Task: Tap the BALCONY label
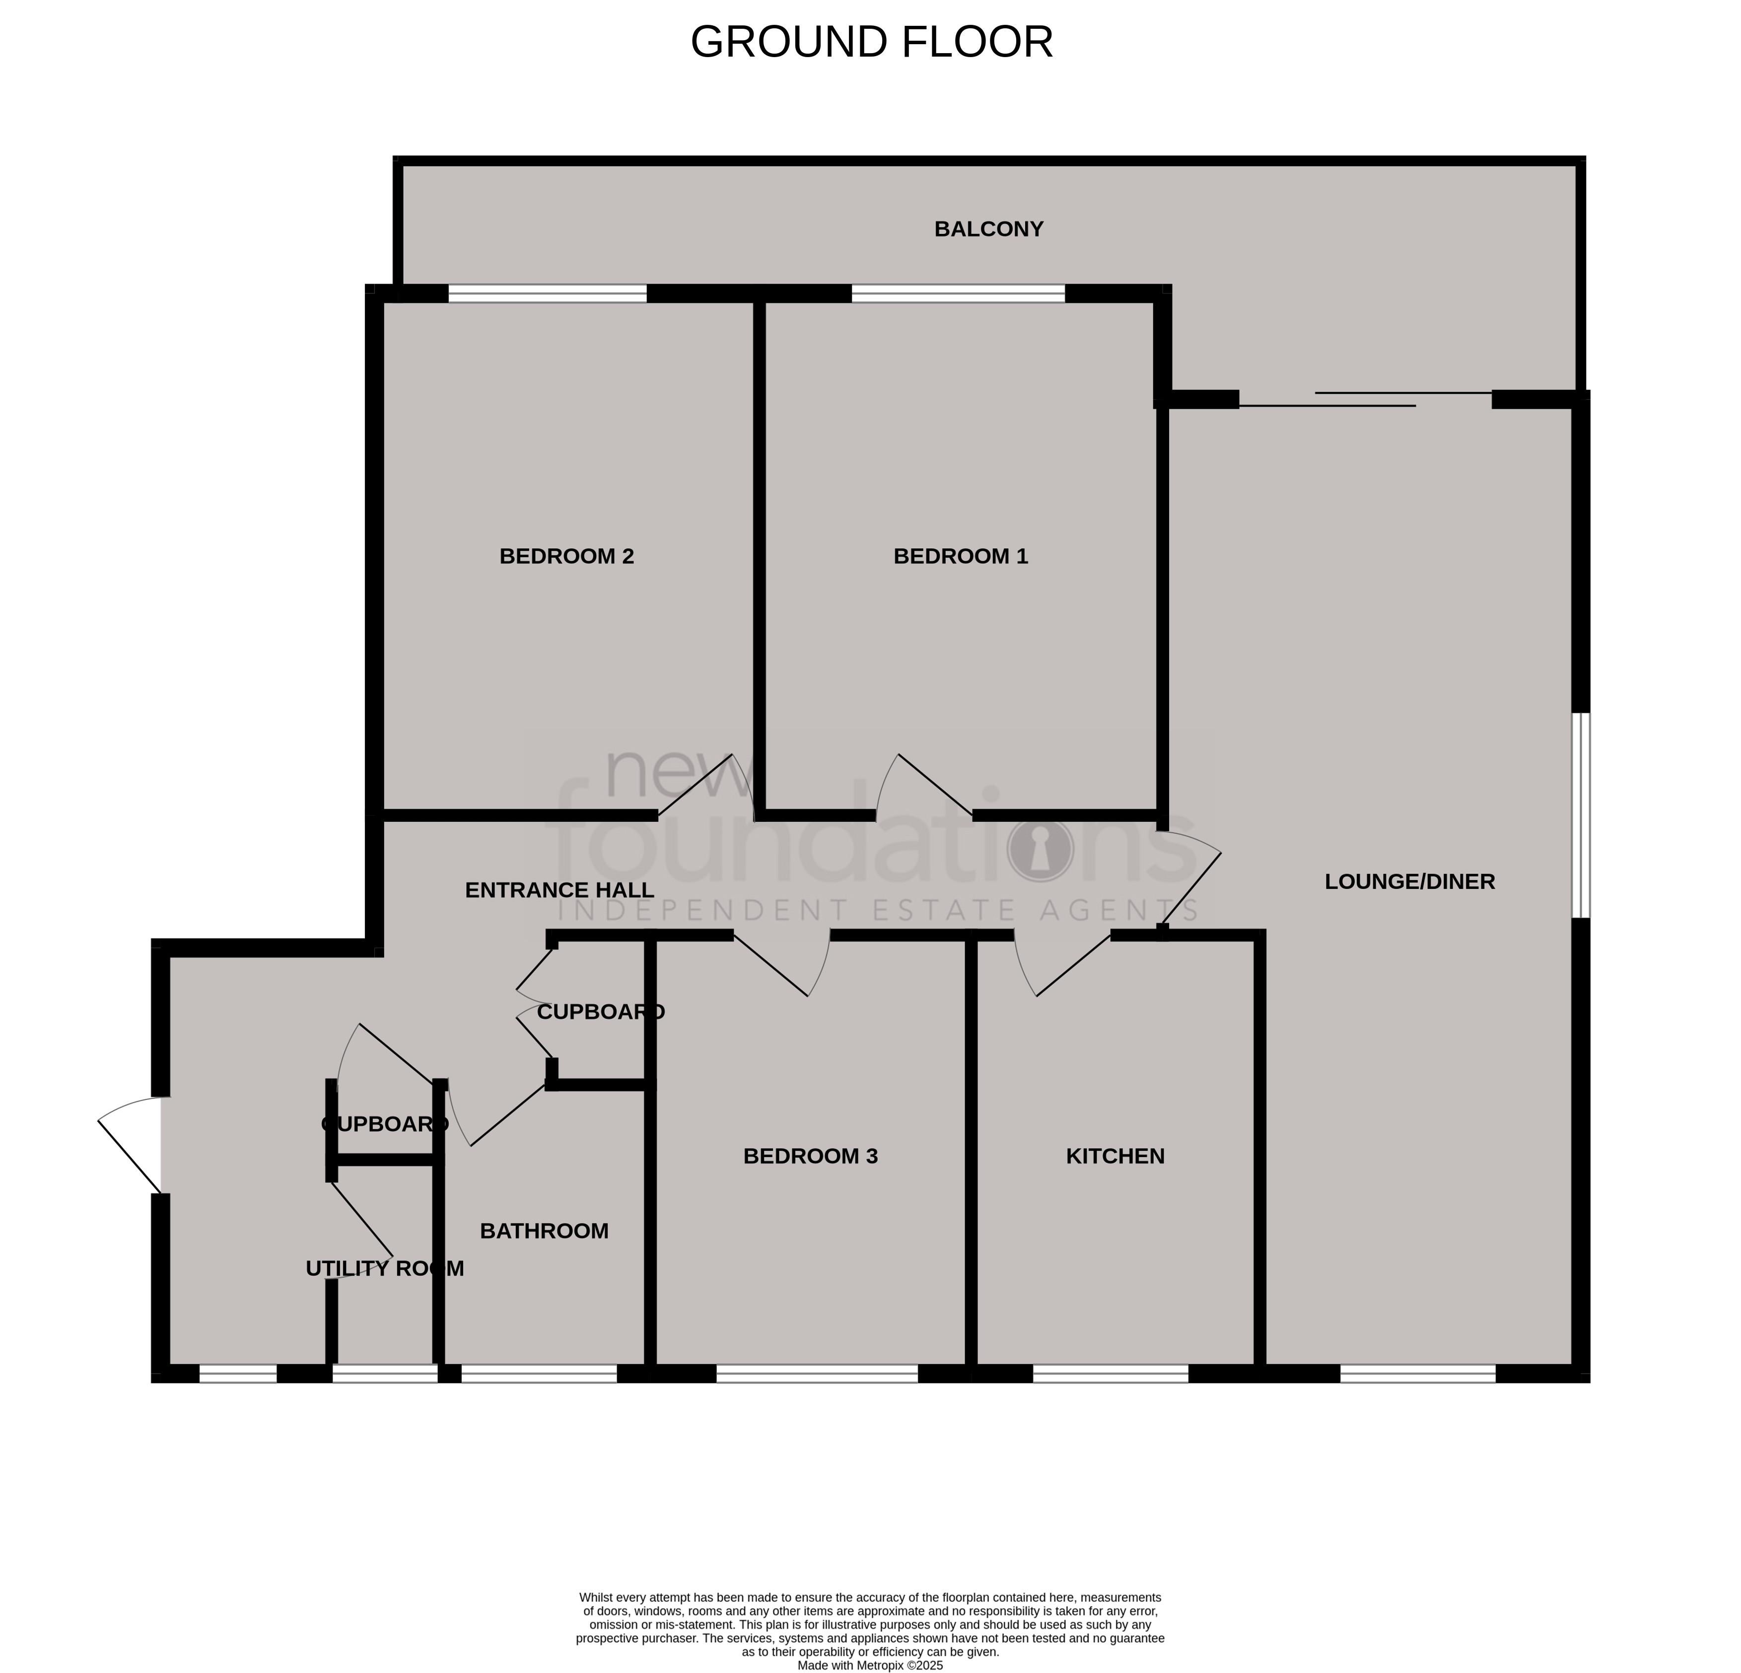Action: [988, 229]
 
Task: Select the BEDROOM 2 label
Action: [567, 556]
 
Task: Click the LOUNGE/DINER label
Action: [1410, 881]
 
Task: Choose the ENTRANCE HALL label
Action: [559, 890]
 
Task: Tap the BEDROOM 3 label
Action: [810, 1156]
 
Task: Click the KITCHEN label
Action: [1115, 1156]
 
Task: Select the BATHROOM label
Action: [544, 1231]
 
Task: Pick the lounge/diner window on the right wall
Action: [1581, 815]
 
